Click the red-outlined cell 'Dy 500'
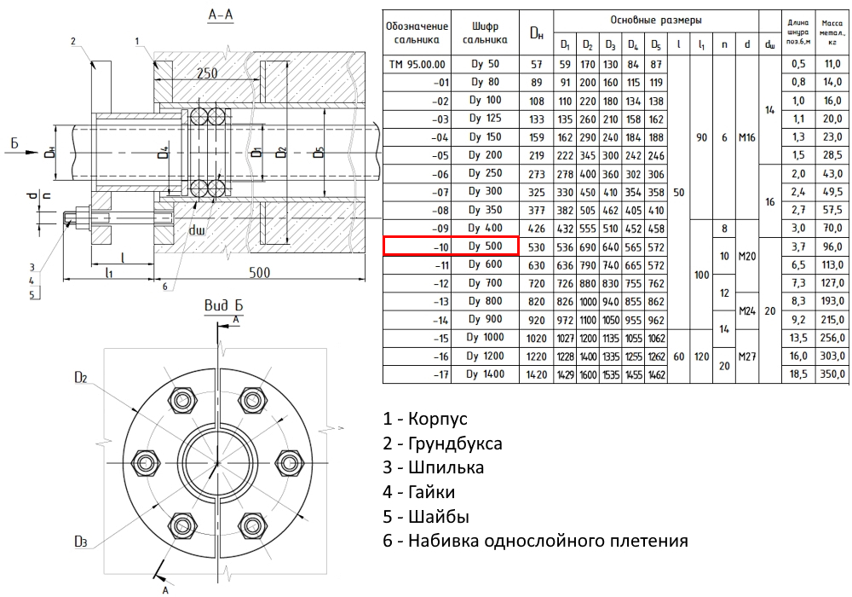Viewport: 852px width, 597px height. point(452,246)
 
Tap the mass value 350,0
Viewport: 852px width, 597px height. point(831,374)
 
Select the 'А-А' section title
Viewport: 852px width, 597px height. point(222,15)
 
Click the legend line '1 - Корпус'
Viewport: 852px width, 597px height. point(425,420)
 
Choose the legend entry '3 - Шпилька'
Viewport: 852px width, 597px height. point(434,467)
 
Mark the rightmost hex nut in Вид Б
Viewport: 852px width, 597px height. point(291,463)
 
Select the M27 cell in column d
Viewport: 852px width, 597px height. point(747,356)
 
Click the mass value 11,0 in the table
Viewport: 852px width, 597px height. point(831,63)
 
